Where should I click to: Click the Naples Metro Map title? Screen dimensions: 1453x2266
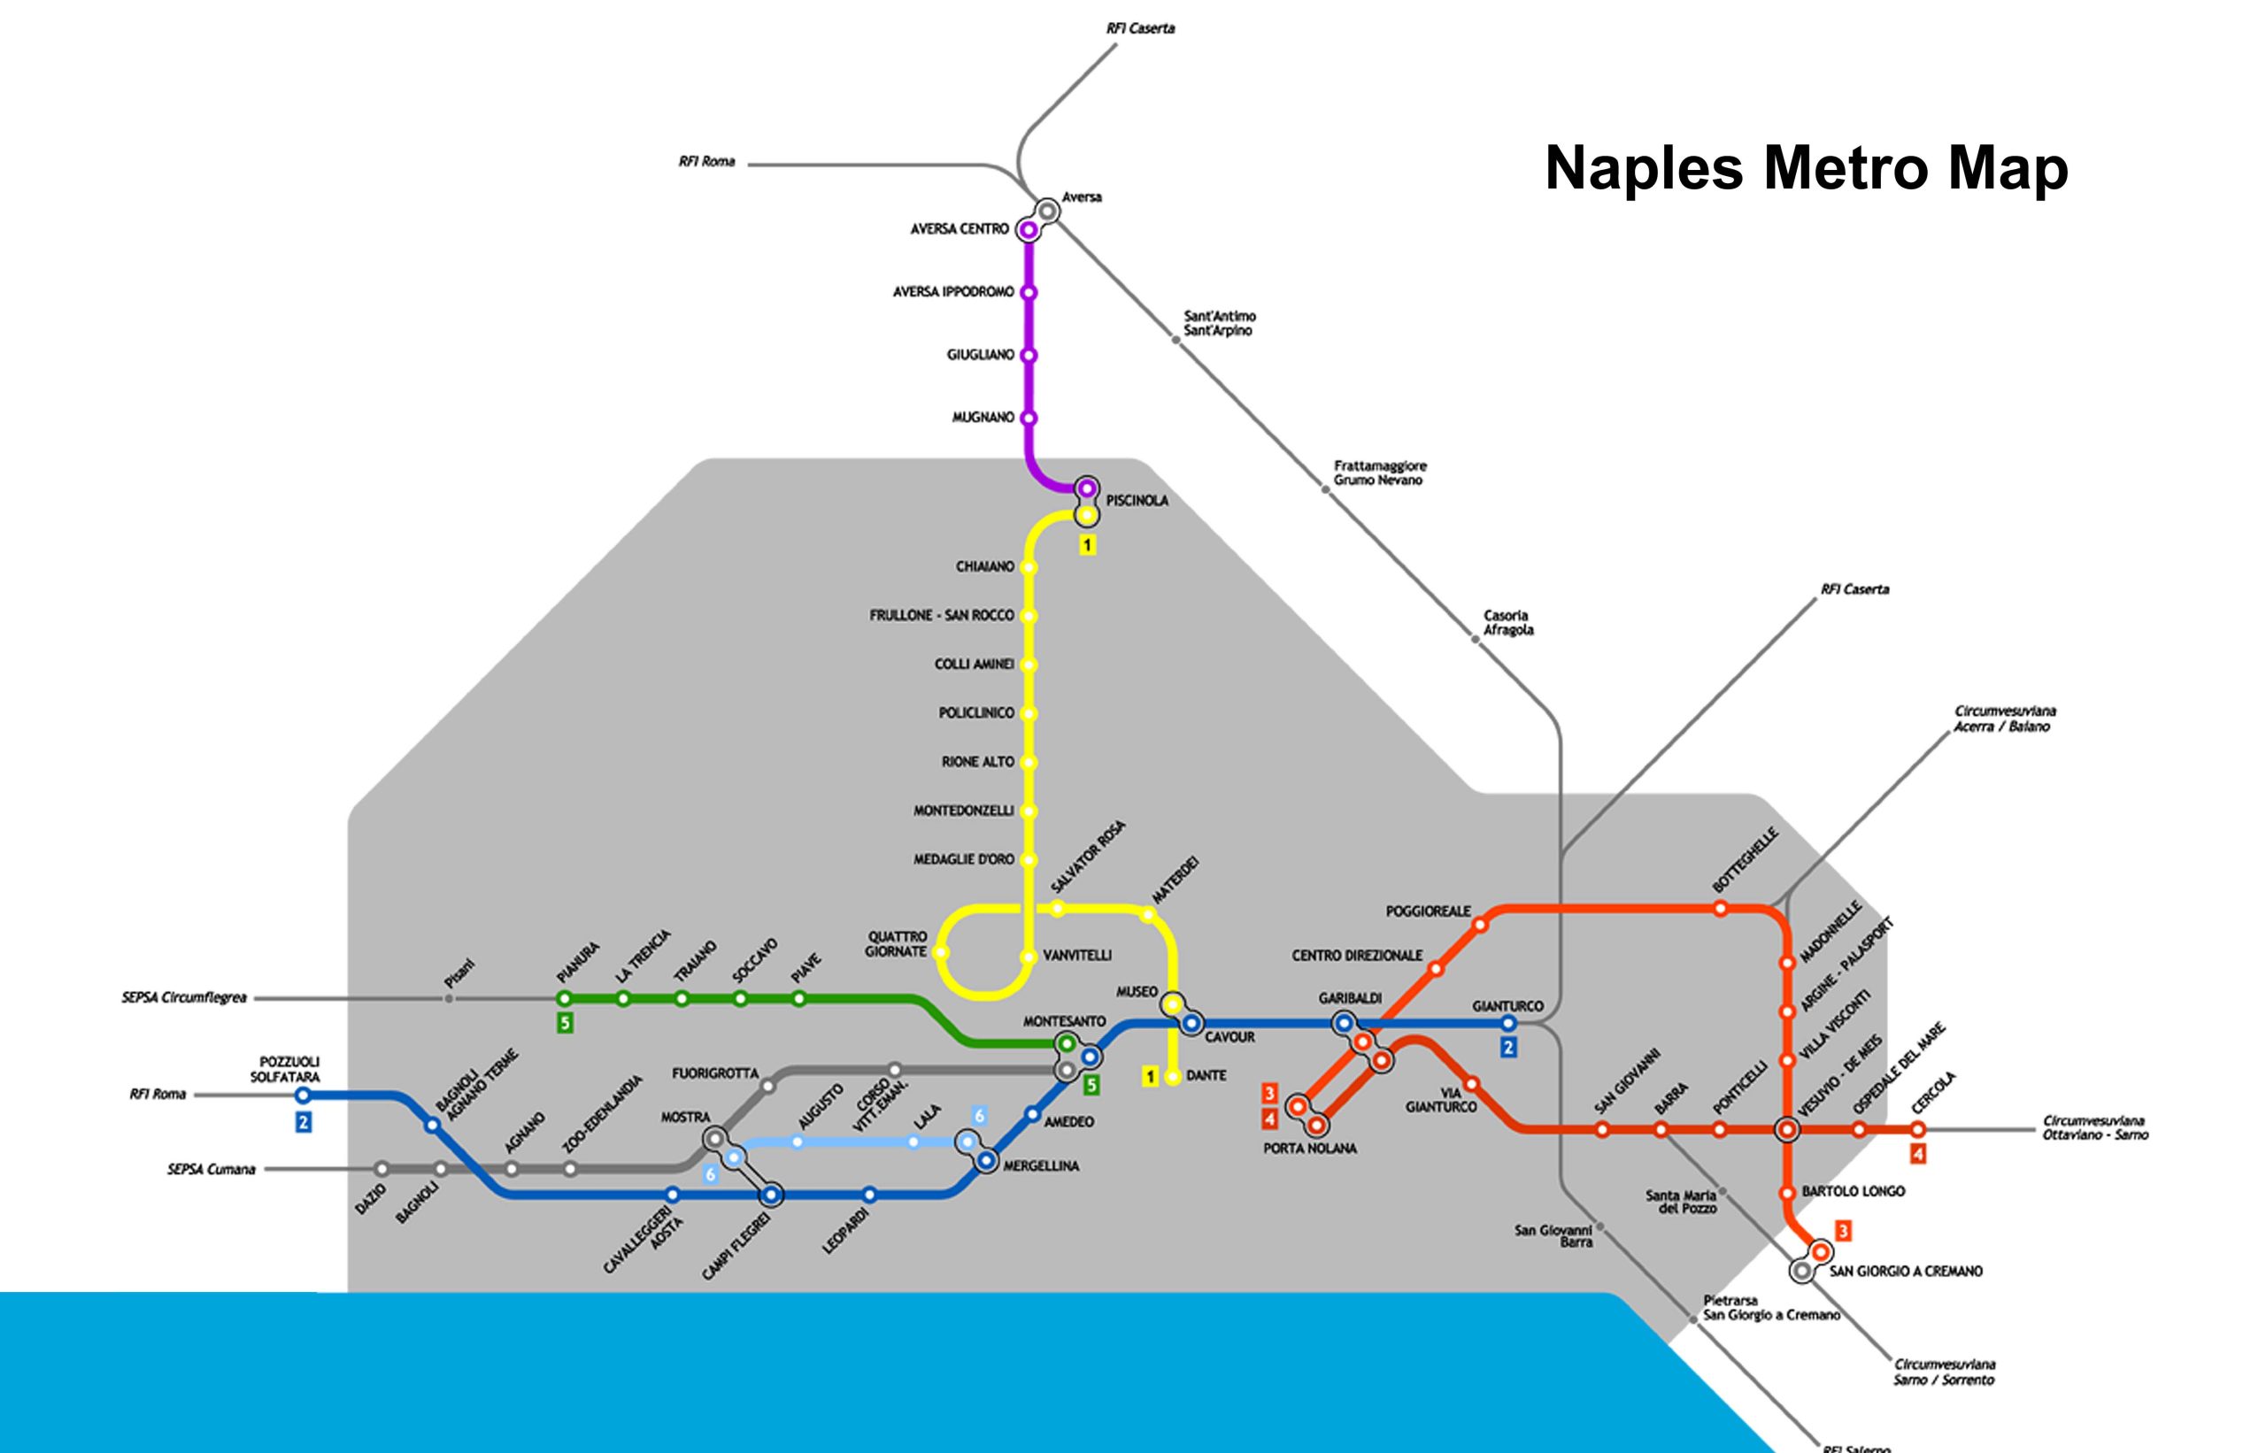pyautogui.click(x=1806, y=168)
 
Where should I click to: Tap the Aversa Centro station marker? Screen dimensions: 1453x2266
pyautogui.click(x=1028, y=229)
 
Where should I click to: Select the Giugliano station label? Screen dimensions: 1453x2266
pyautogui.click(x=980, y=355)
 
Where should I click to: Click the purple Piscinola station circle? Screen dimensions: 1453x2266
pyautogui.click(x=1087, y=488)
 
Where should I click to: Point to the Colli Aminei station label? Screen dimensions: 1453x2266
pyautogui.click(x=973, y=665)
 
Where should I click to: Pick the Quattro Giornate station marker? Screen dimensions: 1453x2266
pyautogui.click(x=941, y=953)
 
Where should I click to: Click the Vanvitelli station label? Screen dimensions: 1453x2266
pyautogui.click(x=1077, y=956)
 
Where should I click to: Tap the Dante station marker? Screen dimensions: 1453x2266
pyautogui.click(x=1173, y=1077)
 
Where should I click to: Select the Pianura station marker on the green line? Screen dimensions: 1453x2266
pyautogui.click(x=565, y=998)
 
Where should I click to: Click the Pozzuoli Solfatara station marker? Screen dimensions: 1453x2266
pyautogui.click(x=303, y=1096)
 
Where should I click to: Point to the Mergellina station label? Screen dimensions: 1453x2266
pyautogui.click(x=1040, y=1166)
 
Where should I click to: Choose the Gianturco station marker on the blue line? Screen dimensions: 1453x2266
pyautogui.click(x=1508, y=1023)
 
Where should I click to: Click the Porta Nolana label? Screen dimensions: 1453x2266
pyautogui.click(x=1309, y=1149)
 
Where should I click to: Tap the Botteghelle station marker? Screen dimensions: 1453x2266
pyautogui.click(x=1721, y=909)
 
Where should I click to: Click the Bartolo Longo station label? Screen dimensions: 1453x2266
pyautogui.click(x=1853, y=1192)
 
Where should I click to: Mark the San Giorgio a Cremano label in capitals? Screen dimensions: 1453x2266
pyautogui.click(x=1906, y=1271)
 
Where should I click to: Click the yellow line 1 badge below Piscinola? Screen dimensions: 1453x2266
pyautogui.click(x=1087, y=545)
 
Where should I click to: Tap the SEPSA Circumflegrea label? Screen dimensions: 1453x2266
pyautogui.click(x=184, y=997)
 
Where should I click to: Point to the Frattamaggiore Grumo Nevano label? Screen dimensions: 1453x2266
pyautogui.click(x=1380, y=473)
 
